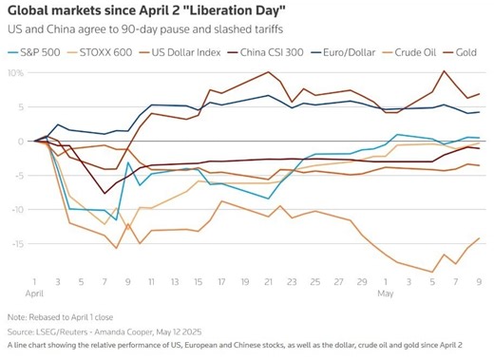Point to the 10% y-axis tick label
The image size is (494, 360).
click(x=16, y=73)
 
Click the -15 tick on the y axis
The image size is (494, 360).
click(x=16, y=244)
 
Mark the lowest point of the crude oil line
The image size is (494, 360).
click(x=433, y=272)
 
